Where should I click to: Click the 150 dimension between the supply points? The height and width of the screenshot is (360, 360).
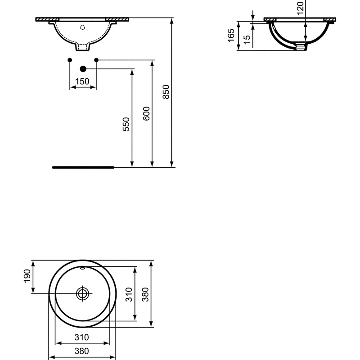(x=82, y=81)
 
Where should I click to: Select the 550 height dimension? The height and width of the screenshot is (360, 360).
(x=126, y=124)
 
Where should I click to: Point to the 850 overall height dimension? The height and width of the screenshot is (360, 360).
(x=166, y=92)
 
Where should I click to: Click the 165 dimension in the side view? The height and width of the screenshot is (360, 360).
(x=231, y=35)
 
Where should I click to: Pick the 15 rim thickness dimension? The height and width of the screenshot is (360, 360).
(x=246, y=39)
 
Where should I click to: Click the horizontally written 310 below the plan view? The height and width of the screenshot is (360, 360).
(x=82, y=337)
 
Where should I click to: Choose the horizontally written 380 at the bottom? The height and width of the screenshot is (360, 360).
(x=82, y=351)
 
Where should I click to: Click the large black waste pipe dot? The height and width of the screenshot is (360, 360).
(x=82, y=69)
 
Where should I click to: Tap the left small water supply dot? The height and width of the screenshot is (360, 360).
(x=69, y=60)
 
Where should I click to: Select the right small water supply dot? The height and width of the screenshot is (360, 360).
(x=96, y=60)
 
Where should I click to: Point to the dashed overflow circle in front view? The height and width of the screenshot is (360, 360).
(x=82, y=28)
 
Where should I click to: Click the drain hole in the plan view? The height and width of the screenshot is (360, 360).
(x=82, y=294)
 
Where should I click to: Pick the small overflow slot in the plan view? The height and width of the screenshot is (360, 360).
(x=82, y=268)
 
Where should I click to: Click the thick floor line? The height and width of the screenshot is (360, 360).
(x=83, y=167)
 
